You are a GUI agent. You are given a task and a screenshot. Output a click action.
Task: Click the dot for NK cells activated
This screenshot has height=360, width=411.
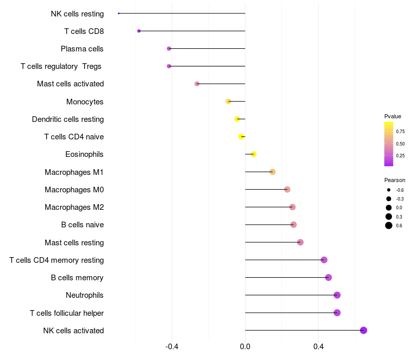363,330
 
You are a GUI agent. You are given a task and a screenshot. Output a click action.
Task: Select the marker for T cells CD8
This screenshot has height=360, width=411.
139,31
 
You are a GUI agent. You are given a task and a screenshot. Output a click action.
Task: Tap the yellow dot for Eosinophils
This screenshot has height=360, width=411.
253,154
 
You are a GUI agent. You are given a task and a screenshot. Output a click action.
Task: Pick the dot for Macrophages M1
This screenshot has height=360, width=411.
273,172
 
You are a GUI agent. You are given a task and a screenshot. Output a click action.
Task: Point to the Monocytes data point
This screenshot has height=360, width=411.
228,101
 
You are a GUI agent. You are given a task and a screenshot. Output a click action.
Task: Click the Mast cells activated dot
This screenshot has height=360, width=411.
197,84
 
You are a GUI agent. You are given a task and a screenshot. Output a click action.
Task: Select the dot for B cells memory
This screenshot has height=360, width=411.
328,277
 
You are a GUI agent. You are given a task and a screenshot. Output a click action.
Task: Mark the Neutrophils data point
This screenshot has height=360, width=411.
337,295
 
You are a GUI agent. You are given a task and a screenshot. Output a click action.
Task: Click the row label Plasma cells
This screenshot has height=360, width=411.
82,49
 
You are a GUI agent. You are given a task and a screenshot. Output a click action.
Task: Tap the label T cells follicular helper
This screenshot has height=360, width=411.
67,313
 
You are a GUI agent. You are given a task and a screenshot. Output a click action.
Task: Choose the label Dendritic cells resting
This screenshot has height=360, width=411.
68,119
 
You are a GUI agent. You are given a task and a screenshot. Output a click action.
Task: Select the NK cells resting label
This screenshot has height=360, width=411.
78,14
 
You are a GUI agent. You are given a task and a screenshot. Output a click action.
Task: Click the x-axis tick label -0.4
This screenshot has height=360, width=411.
172,347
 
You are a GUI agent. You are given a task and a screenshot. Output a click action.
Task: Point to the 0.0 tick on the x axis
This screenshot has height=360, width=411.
245,347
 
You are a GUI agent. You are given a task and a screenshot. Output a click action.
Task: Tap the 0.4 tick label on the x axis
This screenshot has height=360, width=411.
319,347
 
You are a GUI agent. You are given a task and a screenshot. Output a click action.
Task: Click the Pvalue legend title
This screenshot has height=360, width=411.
393,116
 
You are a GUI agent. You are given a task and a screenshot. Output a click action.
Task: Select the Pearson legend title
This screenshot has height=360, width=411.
395,181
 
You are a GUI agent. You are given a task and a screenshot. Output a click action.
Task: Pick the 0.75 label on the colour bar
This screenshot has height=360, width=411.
400,132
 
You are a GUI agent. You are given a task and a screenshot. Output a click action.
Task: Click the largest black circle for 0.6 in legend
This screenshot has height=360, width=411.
389,225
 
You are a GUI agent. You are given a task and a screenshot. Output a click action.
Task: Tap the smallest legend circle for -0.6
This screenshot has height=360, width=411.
389,190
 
